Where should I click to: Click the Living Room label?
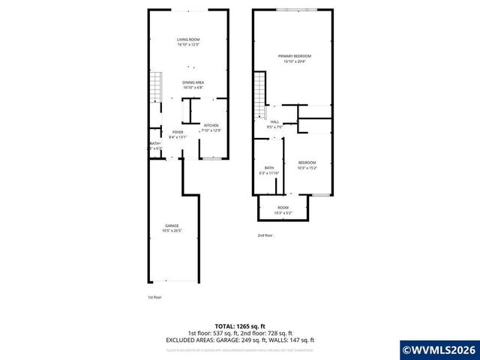coord(187,39)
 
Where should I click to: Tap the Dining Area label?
coord(193,82)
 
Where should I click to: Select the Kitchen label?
coord(211,125)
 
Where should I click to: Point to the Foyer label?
coord(178,132)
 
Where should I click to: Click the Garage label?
coord(172,225)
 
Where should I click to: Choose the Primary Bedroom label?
coord(294,56)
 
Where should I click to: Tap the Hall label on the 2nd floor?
coord(274,121)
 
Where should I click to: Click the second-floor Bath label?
coord(269,168)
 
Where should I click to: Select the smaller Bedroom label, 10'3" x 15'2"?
coord(307,163)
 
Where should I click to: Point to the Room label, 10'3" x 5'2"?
coord(283,208)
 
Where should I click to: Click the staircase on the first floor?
coord(155,88)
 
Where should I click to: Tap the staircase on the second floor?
coord(260,94)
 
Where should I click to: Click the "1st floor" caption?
coord(154,297)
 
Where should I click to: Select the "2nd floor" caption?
coord(265,235)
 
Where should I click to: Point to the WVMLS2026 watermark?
coord(439,349)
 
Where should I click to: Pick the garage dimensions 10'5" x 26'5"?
coord(172,230)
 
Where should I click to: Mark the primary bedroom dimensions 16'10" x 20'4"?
coord(294,62)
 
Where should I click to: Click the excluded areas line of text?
coord(240,340)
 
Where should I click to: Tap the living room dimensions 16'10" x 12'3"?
coord(187,45)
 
